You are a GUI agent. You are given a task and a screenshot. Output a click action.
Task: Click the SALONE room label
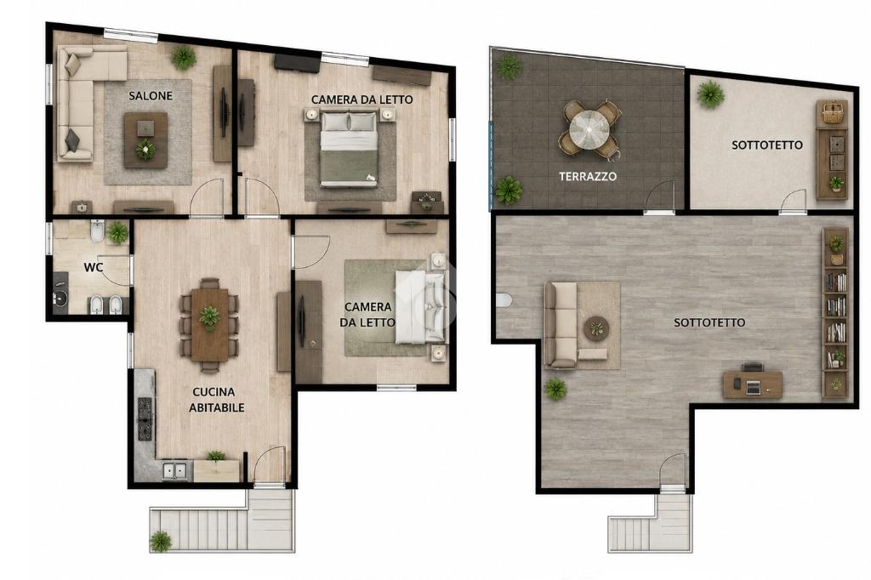point(151,95)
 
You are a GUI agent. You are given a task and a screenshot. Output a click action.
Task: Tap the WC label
point(94,267)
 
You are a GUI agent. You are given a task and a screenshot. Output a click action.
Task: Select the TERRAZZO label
point(588,176)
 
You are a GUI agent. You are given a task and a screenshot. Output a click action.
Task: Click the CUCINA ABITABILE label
point(217,400)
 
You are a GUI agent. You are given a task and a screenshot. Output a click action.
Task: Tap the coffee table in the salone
point(145,140)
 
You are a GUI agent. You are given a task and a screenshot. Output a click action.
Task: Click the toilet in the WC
point(97,230)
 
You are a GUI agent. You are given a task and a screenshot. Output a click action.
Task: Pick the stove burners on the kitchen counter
point(145,419)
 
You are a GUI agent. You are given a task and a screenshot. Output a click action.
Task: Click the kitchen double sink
point(174,470)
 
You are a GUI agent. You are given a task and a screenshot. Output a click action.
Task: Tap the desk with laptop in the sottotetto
point(753,384)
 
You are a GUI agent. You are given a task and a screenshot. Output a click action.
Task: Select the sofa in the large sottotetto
point(563,325)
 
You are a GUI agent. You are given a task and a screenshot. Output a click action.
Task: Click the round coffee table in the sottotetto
point(596,328)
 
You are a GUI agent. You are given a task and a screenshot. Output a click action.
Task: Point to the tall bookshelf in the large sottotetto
point(835,313)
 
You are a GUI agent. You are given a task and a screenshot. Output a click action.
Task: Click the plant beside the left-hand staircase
point(161,541)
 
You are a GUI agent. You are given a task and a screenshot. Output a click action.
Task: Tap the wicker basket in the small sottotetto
point(831,113)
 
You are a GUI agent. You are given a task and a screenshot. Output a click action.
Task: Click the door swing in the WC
point(116,270)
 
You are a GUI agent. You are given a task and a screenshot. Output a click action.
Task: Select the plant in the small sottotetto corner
point(710,94)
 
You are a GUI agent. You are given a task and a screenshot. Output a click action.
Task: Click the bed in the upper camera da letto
point(349,148)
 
